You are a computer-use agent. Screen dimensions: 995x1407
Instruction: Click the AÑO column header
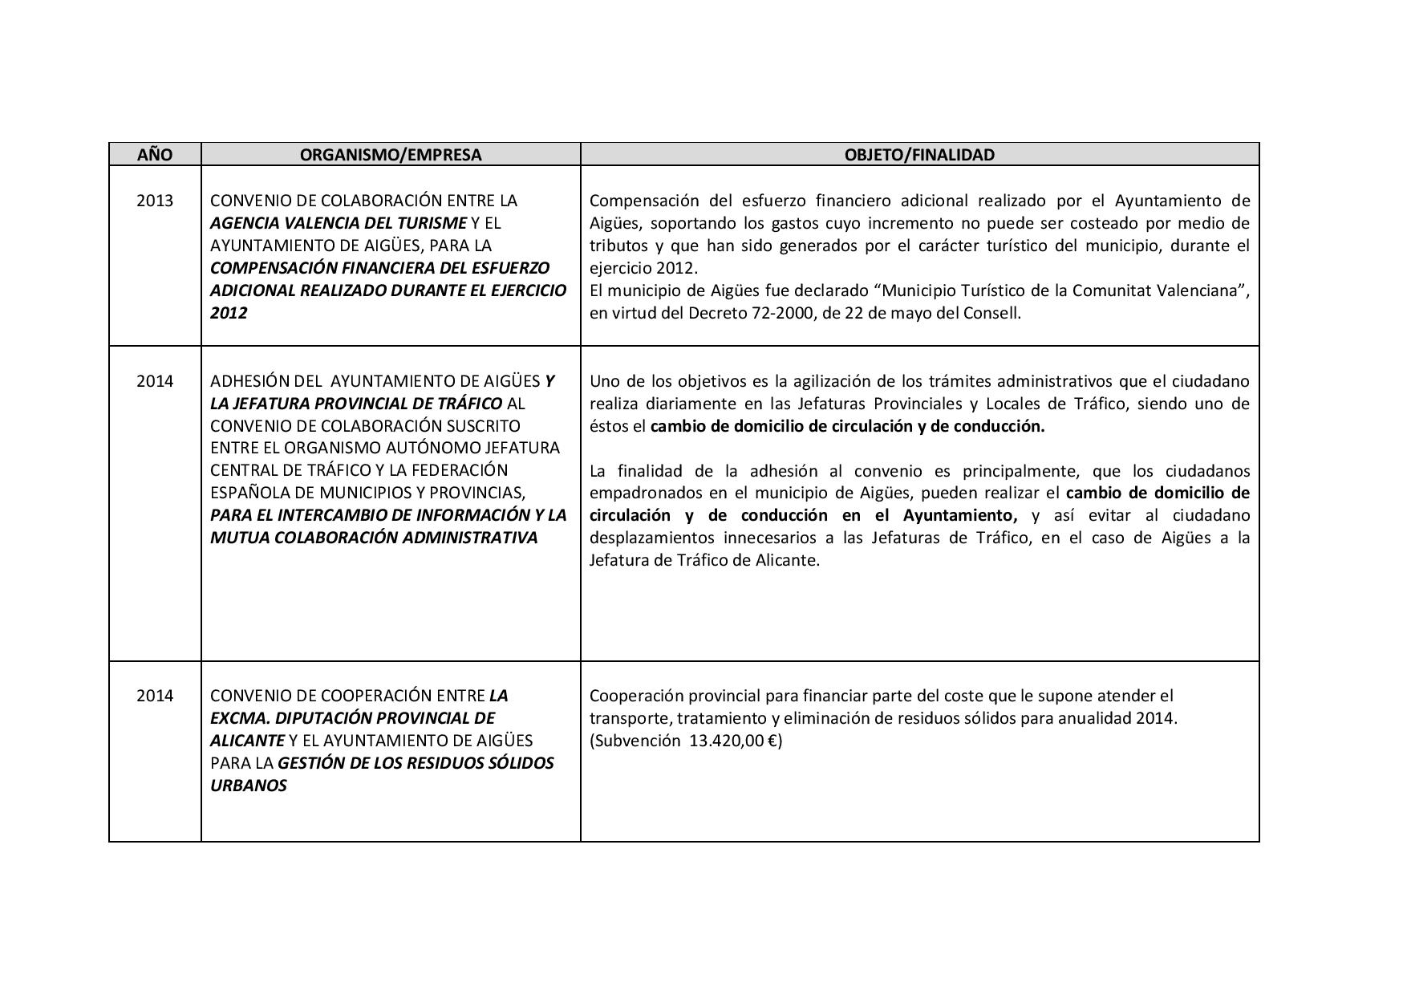click(x=155, y=155)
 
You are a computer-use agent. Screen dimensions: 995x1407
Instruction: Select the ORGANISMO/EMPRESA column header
click(x=391, y=155)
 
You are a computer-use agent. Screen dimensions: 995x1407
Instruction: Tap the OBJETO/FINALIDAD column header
click(x=919, y=155)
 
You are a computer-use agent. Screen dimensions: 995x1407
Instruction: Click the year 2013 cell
click(x=155, y=201)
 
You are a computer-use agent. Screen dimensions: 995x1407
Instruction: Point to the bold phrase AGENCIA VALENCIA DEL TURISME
click(x=338, y=223)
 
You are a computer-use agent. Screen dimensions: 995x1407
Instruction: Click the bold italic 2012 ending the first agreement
click(x=229, y=313)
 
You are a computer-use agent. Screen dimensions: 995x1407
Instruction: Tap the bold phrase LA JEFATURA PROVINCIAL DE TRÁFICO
click(x=356, y=404)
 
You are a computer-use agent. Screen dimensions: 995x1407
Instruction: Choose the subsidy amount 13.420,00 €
click(x=734, y=741)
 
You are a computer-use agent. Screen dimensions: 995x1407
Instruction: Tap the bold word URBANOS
click(x=249, y=786)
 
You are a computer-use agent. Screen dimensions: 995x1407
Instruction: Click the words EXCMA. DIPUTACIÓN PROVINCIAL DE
click(x=353, y=718)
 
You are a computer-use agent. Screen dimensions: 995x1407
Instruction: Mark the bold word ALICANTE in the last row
click(x=247, y=741)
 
